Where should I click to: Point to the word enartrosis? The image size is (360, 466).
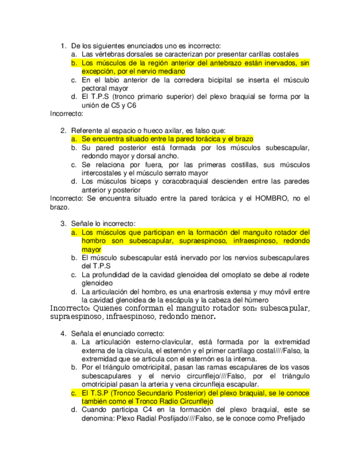(x=201, y=292)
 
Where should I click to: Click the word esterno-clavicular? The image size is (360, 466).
(x=157, y=342)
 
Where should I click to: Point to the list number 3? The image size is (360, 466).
(x=63, y=224)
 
